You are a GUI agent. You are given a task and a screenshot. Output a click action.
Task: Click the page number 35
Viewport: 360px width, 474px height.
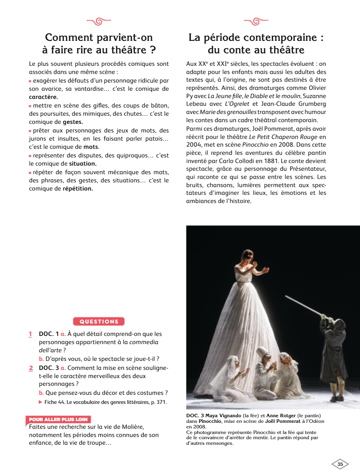[340, 464]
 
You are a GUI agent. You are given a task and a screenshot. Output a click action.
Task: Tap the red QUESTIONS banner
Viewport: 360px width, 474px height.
[99, 321]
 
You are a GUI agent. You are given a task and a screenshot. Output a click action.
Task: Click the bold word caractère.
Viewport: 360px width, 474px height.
[43, 97]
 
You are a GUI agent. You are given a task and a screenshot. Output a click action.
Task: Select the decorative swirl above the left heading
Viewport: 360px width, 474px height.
[99, 21]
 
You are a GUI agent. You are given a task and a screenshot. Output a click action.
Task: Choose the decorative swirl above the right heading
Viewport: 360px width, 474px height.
[256, 21]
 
